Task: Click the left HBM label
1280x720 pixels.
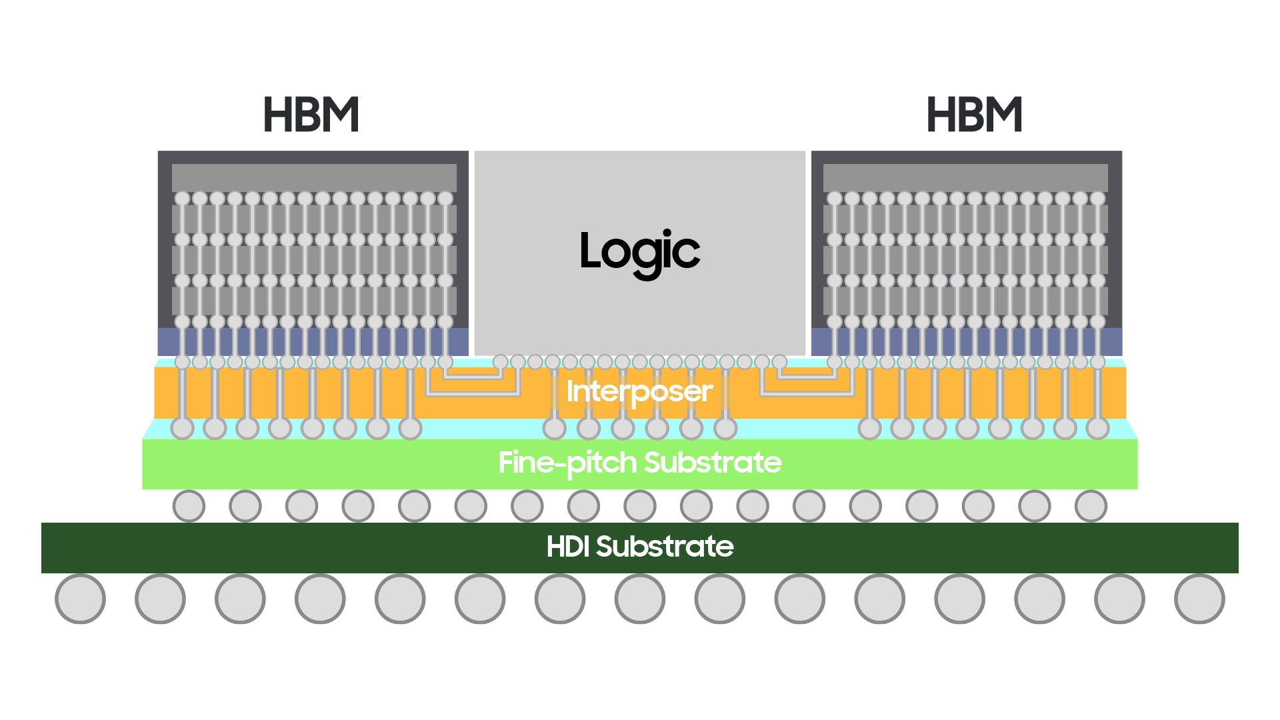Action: point(311,115)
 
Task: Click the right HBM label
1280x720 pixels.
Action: point(974,115)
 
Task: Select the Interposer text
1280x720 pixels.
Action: point(639,392)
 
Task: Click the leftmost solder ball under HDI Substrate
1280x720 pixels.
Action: point(80,599)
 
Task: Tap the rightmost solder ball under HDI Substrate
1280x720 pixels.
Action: point(1199,599)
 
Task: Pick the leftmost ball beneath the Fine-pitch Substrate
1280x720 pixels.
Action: point(189,506)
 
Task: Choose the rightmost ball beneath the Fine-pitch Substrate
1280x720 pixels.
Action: point(1091,506)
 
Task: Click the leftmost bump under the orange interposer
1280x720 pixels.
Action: point(182,428)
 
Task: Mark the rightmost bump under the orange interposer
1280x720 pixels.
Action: point(1097,428)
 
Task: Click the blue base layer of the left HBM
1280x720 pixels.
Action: point(313,342)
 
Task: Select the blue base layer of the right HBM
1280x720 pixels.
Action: point(967,342)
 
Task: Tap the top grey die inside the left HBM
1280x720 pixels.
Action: point(314,178)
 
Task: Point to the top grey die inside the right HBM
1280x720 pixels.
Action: point(965,178)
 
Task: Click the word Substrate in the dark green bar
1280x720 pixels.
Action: point(665,547)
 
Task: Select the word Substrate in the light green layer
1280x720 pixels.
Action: point(713,463)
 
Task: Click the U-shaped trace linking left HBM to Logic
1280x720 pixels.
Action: point(473,395)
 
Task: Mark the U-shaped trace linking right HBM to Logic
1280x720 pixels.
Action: point(807,395)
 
